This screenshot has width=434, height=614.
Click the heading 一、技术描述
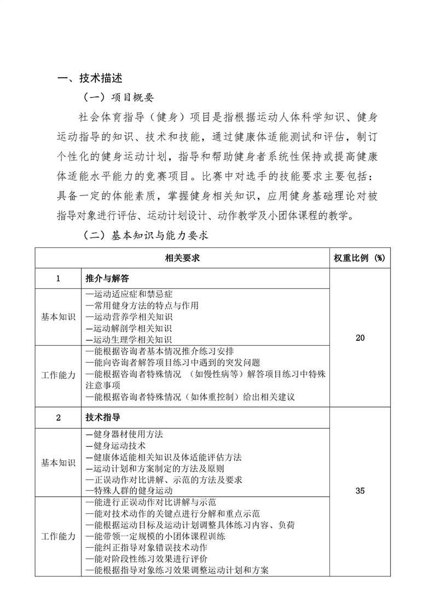click(x=90, y=79)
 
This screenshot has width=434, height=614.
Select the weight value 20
click(x=360, y=338)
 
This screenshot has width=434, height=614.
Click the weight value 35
click(x=360, y=491)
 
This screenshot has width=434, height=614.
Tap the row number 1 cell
click(x=58, y=279)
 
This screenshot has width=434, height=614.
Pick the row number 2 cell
click(x=58, y=418)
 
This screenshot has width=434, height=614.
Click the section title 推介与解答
click(x=107, y=279)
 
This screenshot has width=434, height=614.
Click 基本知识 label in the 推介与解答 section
click(x=58, y=317)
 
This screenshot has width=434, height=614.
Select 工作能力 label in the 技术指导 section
click(x=58, y=536)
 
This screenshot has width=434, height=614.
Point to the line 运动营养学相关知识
click(x=129, y=317)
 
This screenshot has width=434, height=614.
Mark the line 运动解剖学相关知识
click(x=129, y=328)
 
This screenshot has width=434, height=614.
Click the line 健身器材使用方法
click(x=125, y=434)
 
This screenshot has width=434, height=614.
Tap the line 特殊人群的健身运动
click(x=129, y=491)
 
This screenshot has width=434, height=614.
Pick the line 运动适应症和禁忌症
click(x=129, y=294)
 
